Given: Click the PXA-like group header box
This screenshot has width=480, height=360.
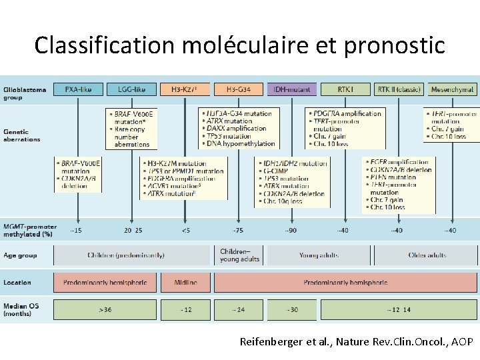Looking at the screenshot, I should [x=78, y=89].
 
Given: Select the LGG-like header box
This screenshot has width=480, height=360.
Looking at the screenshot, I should [x=131, y=89].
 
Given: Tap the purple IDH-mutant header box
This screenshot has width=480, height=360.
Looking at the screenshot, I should [x=291, y=89].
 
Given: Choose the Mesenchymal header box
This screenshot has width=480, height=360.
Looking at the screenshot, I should [x=452, y=89].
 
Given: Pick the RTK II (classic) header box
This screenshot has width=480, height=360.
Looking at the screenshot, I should [x=399, y=89].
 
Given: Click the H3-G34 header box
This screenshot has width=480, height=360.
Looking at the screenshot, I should [x=239, y=89].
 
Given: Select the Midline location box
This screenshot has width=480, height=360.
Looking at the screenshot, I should [x=185, y=283].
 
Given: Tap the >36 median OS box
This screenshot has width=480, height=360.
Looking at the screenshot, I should [x=105, y=310].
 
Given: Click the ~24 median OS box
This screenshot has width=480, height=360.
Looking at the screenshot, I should [x=239, y=310].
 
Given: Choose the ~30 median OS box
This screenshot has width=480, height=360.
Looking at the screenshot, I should [x=291, y=310].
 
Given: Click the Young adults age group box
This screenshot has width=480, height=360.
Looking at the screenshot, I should [x=319, y=255].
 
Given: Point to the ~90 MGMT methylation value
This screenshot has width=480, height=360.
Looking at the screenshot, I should [x=291, y=231].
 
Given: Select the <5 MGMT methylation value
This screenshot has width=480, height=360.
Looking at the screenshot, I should [x=185, y=231].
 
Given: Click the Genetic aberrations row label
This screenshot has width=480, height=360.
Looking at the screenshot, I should [x=22, y=135].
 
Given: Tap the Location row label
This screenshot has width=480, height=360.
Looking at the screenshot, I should [x=17, y=283].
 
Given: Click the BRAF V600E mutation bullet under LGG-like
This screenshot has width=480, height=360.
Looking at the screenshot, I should [x=134, y=118].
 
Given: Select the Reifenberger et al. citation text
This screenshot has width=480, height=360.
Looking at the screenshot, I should [x=356, y=342].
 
